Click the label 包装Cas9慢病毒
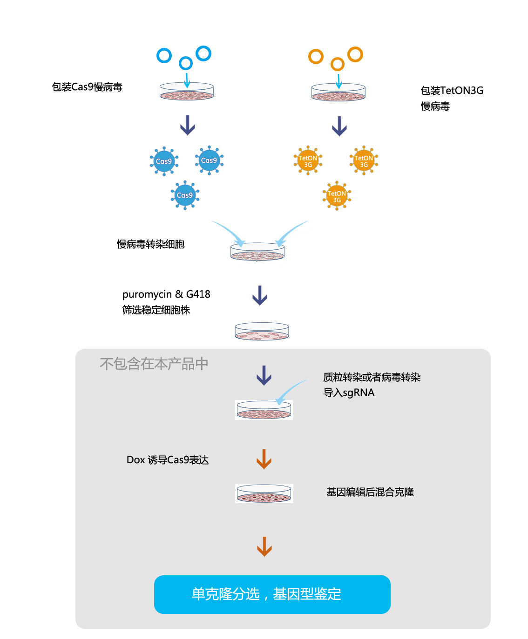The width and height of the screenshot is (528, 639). click(x=87, y=87)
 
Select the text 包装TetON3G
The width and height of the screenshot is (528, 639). click(x=452, y=91)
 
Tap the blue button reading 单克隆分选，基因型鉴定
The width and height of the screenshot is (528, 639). click(x=272, y=594)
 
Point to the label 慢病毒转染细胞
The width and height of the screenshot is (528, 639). click(x=150, y=244)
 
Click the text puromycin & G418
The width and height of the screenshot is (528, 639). click(x=166, y=294)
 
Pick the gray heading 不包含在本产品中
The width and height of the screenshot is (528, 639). click(x=154, y=364)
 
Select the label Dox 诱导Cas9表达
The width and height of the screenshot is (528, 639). click(x=167, y=459)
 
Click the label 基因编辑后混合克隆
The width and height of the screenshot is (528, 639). click(x=370, y=492)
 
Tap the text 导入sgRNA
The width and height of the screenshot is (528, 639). click(x=349, y=393)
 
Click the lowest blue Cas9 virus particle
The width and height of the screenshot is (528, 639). click(x=185, y=195)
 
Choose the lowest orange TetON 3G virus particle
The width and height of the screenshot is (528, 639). click(x=337, y=196)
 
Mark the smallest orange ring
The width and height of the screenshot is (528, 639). click(x=338, y=64)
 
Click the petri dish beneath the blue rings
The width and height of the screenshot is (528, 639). click(x=186, y=91)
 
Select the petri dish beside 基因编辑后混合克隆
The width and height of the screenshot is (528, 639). click(x=264, y=493)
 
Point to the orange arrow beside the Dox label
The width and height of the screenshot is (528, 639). click(x=264, y=459)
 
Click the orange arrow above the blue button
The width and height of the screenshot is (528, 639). click(x=264, y=546)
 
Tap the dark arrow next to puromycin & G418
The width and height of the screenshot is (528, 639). click(x=259, y=295)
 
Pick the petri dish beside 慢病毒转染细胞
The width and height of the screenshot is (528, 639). click(x=257, y=252)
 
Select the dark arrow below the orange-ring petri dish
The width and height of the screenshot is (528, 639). click(x=339, y=126)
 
